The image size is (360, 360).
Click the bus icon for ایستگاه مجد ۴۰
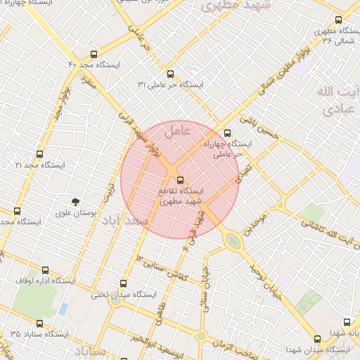pos(94,53)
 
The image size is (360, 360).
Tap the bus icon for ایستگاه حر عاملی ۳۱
pos(169,73)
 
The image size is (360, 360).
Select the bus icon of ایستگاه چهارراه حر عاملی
pos(226,132)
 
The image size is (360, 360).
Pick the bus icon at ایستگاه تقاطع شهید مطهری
pos(181,179)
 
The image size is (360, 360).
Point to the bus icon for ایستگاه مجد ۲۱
pos(39,154)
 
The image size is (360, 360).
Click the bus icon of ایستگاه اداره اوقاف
pos(46,270)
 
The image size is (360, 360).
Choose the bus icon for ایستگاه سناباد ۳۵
pos(39,324)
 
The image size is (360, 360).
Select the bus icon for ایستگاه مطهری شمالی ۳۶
pos(337,21)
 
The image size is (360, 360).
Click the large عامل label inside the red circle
pos(177,131)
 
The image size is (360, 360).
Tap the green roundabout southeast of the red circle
pos(232,241)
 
